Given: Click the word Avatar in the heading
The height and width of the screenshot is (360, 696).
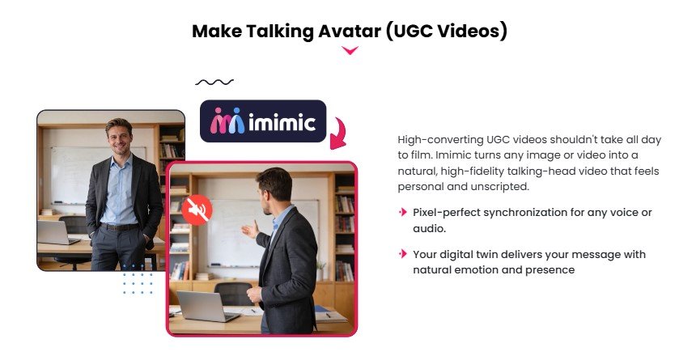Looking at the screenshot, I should pos(344,32).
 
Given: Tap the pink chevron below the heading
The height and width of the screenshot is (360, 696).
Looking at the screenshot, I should pos(350,51).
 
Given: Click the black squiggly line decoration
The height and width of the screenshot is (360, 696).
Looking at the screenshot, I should pos(214,82).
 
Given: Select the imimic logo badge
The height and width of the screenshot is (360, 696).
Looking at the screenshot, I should pos(263,121).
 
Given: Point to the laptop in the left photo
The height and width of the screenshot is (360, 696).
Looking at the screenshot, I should pos(53,233).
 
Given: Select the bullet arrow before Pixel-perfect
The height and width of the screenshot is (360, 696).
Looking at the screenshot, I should pos(402,212).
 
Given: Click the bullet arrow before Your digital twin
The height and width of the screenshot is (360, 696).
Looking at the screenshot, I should pos(402,254).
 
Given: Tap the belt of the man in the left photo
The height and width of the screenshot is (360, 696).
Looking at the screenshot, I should pos(121,227).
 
